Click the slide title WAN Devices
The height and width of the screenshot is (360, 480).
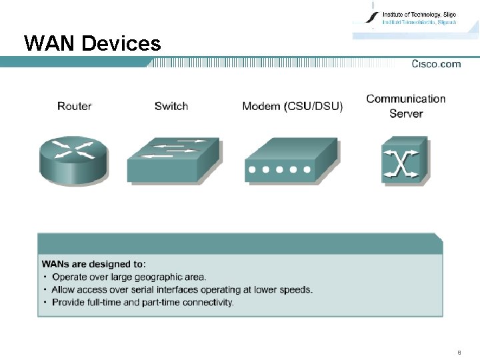pos(92,44)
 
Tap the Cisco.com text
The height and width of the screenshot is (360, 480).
pos(436,64)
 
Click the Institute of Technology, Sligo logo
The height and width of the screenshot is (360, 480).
pos(407,19)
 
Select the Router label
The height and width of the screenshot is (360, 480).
pos(74,106)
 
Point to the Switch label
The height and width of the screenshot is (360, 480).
pos(171,106)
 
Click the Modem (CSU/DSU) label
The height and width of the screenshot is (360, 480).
pos(292,106)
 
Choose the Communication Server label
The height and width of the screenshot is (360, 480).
pos(406,106)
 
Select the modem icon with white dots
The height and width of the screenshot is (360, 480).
pos(291,161)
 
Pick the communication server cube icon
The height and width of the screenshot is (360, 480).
pos(403,159)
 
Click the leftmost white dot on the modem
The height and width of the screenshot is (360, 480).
pos(252,170)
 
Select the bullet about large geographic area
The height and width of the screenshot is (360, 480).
pos(129,277)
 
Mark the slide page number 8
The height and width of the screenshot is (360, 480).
pos(459,351)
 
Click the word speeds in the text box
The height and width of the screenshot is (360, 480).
pos(297,289)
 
